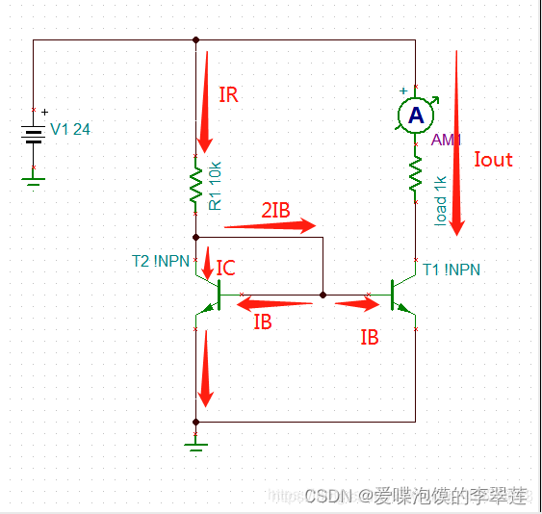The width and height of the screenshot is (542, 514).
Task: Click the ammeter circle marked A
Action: [x=416, y=116]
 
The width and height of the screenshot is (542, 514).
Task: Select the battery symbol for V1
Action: [x=34, y=134]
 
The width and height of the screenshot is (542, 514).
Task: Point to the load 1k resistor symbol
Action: [x=416, y=176]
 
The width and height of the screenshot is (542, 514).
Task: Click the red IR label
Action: [x=228, y=95]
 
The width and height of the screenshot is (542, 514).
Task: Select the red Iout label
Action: [x=493, y=160]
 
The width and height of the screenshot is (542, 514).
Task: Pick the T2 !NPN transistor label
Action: [x=160, y=261]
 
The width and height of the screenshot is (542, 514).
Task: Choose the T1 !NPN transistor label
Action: [x=452, y=270]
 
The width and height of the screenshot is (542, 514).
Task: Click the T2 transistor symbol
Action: [x=209, y=295]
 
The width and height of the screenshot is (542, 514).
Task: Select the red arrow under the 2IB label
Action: [x=271, y=226]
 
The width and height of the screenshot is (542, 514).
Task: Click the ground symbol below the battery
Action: [x=34, y=177]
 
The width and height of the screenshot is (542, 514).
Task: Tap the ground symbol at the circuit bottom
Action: [x=196, y=442]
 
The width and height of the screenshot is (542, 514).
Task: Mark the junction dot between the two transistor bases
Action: [x=323, y=295]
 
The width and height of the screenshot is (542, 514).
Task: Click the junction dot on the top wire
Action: [x=196, y=40]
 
